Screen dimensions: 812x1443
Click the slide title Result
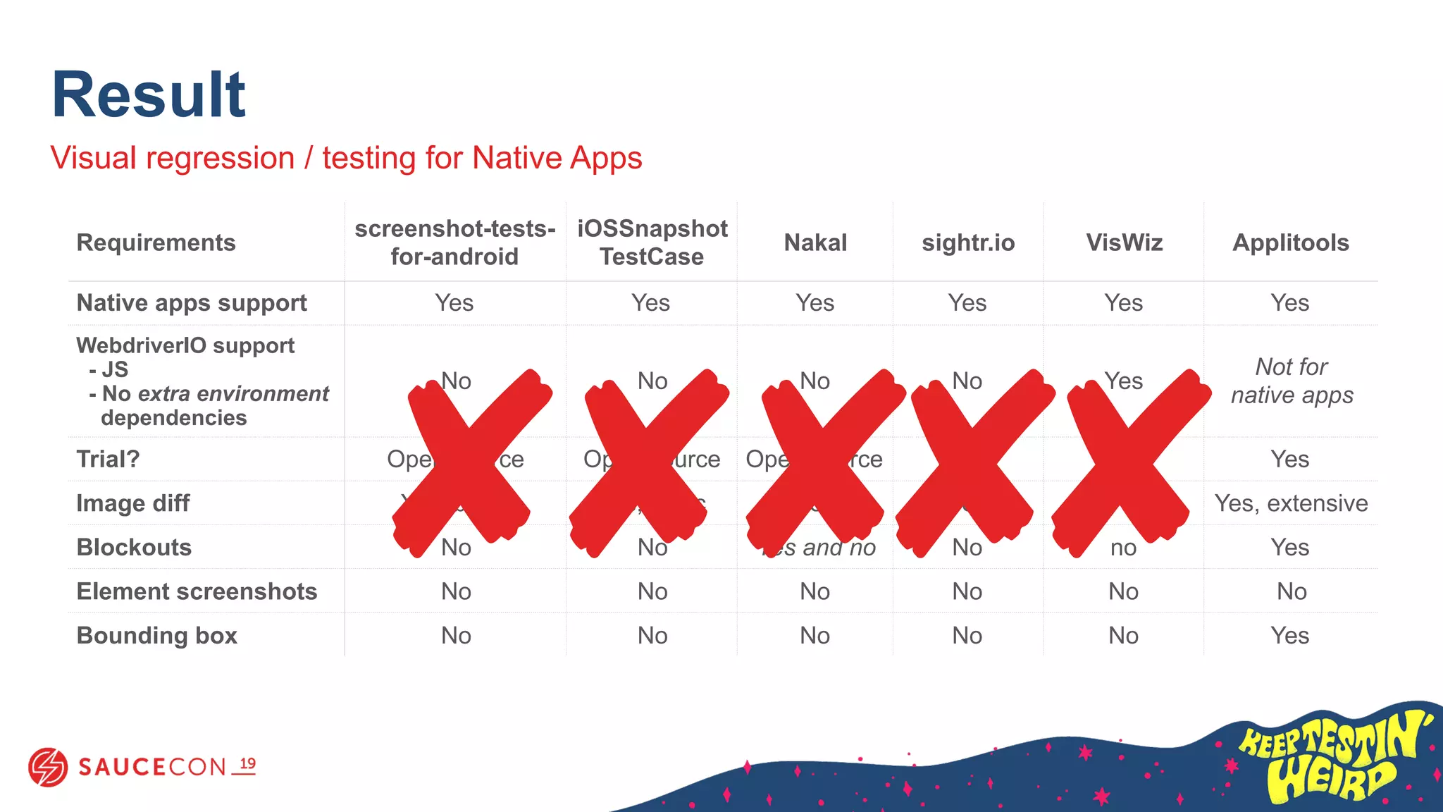pos(148,95)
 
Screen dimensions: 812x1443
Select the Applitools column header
pos(1290,242)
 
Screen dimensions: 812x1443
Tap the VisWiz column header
pos(1124,242)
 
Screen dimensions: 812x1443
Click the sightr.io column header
pos(968,242)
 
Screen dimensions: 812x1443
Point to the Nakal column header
pos(815,242)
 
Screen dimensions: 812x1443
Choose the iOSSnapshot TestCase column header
pos(652,242)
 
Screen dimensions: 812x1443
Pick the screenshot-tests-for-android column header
pos(454,242)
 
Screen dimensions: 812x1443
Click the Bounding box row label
pos(156,635)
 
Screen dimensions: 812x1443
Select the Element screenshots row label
pos(197,591)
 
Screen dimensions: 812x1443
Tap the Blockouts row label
pos(134,547)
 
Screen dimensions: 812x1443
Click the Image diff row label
pos(132,503)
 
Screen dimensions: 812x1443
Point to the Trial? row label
pos(108,459)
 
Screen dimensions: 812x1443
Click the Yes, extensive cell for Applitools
pos(1291,503)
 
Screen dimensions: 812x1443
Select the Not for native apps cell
pos(1292,381)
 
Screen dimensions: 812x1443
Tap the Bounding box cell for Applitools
pos(1290,635)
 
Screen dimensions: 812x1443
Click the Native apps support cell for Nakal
pos(815,302)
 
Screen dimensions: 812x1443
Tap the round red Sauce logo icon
pos(48,767)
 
